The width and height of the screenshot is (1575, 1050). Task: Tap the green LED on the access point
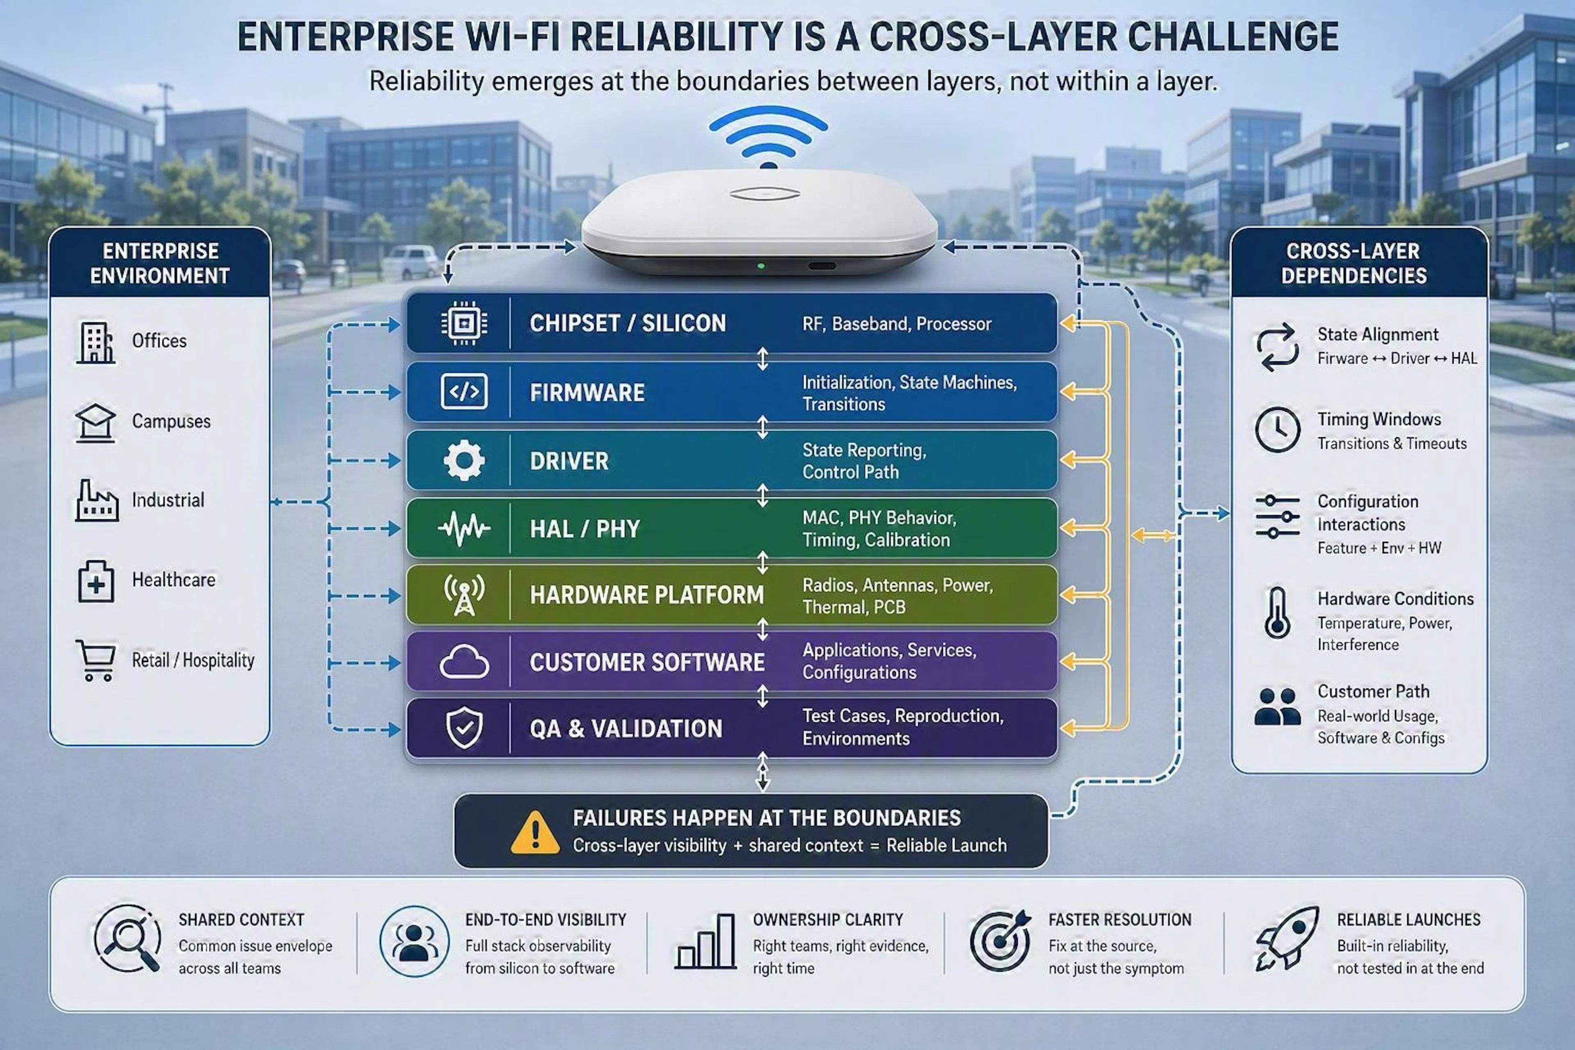tap(761, 266)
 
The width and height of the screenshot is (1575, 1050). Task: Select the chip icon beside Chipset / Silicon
tap(464, 324)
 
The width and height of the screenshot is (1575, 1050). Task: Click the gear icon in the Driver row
tap(464, 461)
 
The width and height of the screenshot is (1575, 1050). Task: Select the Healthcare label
tap(173, 580)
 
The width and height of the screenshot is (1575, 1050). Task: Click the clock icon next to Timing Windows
tap(1277, 429)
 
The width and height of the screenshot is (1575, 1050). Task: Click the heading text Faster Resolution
tap(1120, 920)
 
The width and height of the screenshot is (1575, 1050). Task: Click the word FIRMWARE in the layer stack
tap(587, 393)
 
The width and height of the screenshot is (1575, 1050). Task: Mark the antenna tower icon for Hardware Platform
tap(464, 594)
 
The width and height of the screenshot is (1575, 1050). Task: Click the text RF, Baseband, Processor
tap(897, 324)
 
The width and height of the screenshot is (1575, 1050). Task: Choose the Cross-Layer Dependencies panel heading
tap(1354, 263)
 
